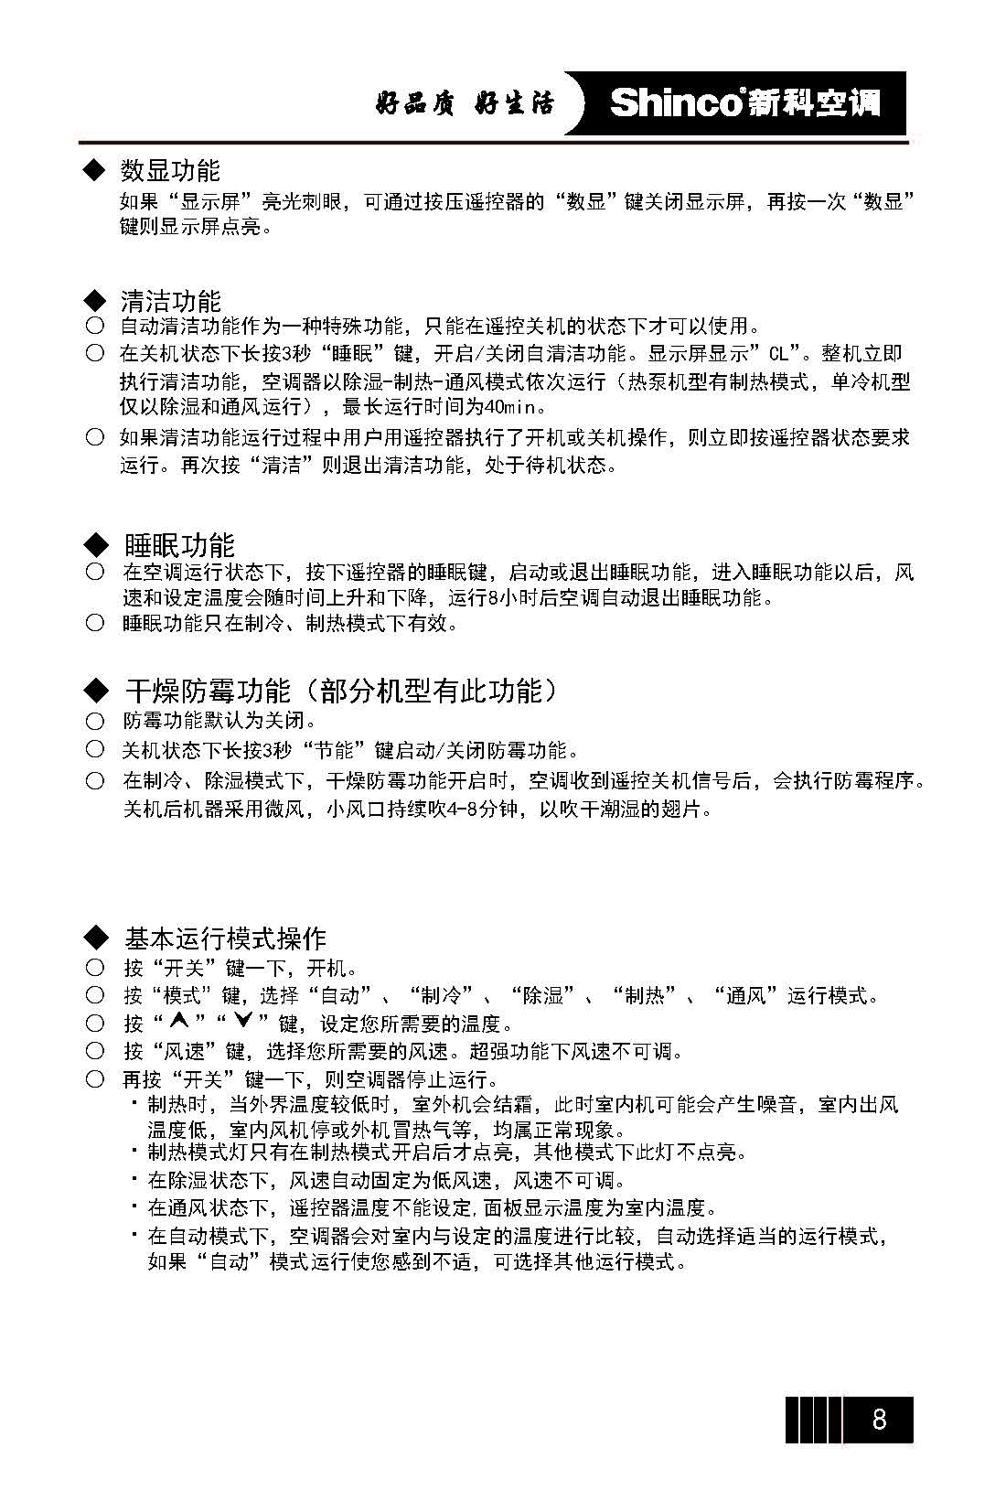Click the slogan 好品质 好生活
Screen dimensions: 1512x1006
(465, 103)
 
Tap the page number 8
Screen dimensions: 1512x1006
(878, 1419)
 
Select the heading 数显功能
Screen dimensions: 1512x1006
(170, 170)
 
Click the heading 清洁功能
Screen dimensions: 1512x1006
(170, 301)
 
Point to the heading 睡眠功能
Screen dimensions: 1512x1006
(179, 545)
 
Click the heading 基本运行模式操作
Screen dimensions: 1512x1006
(225, 938)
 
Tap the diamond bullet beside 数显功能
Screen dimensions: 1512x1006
(94, 170)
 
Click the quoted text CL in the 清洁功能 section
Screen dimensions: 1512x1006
(778, 354)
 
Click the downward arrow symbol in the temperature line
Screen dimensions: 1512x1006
(242, 1022)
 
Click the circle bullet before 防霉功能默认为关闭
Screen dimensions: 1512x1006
(95, 722)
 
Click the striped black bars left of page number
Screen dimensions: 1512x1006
(813, 1419)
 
